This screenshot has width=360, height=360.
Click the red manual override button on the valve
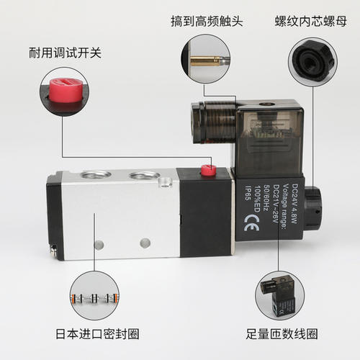(209, 171)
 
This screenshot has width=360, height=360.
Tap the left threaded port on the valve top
(95, 175)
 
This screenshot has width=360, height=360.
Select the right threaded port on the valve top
(144, 176)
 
